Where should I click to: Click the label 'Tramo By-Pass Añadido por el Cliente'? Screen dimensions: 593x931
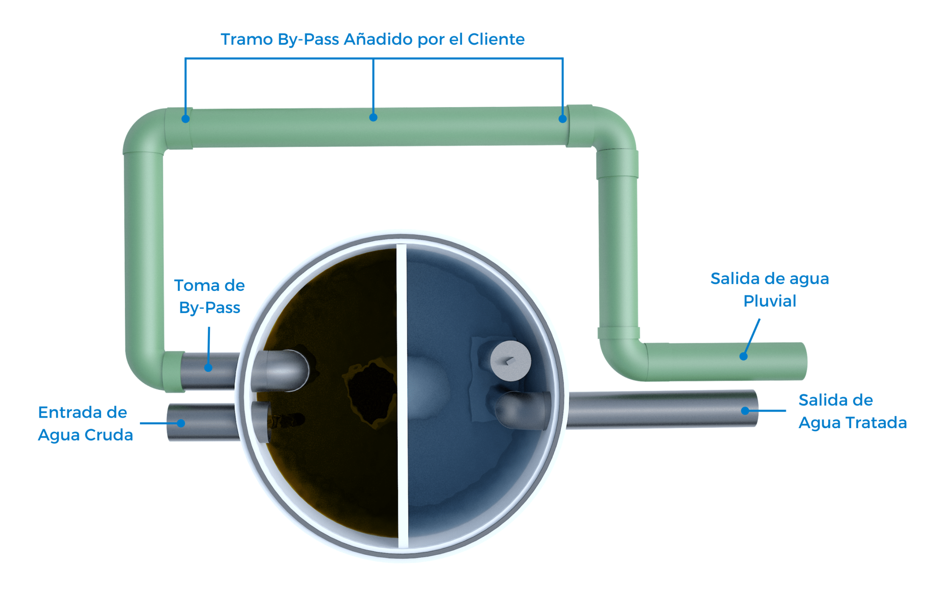(372, 40)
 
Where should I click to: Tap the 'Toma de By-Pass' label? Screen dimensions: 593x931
(210, 296)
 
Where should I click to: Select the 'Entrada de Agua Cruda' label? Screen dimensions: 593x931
(85, 424)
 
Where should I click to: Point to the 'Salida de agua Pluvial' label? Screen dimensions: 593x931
(769, 289)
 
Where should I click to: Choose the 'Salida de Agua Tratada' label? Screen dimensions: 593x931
(852, 411)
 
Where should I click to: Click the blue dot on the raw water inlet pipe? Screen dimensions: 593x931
(181, 424)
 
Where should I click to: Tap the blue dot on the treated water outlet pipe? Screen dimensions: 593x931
(745, 411)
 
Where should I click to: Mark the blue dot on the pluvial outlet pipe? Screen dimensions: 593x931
(744, 356)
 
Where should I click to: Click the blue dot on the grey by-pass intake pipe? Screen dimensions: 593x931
(208, 368)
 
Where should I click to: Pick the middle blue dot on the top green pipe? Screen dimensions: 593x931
(373, 118)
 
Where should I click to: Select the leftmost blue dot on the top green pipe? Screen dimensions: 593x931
(185, 119)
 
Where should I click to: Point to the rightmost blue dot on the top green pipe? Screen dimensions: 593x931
(563, 119)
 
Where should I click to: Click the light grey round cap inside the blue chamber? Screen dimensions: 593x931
(511, 361)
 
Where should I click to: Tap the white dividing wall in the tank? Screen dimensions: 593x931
(402, 395)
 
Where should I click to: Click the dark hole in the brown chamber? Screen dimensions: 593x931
(370, 391)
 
